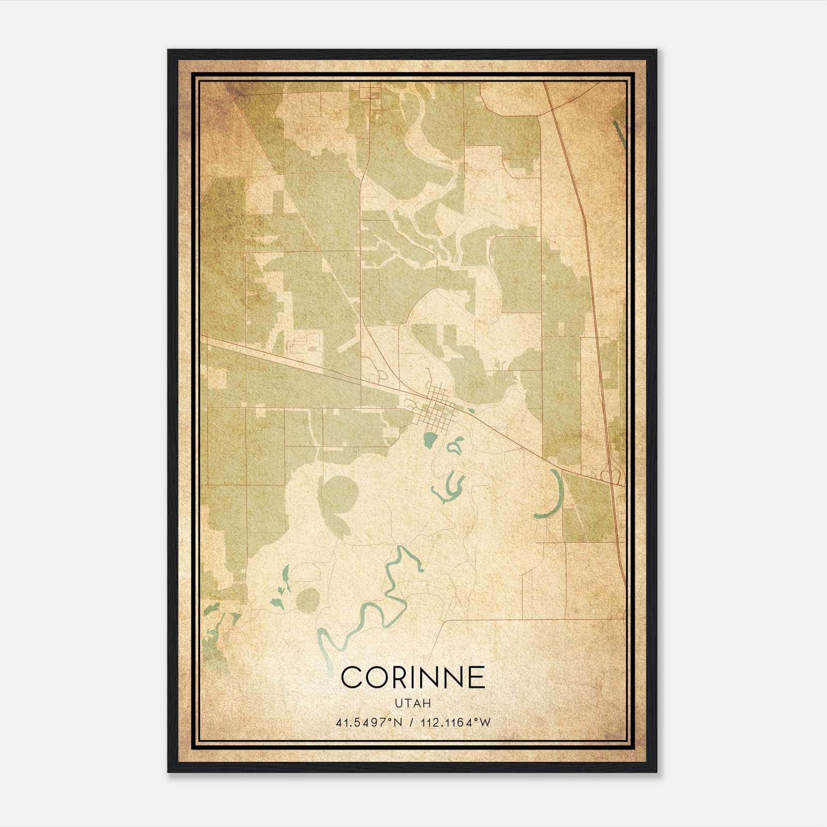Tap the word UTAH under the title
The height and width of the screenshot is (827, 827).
point(413,703)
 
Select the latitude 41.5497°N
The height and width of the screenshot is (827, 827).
point(369,723)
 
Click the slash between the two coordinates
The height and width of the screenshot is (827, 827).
point(411,723)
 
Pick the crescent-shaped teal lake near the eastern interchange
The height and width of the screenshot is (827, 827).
point(553,495)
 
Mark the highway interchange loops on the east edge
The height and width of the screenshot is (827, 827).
point(610,473)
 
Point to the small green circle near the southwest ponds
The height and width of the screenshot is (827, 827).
point(308,599)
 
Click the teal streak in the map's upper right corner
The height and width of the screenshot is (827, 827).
point(619,134)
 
